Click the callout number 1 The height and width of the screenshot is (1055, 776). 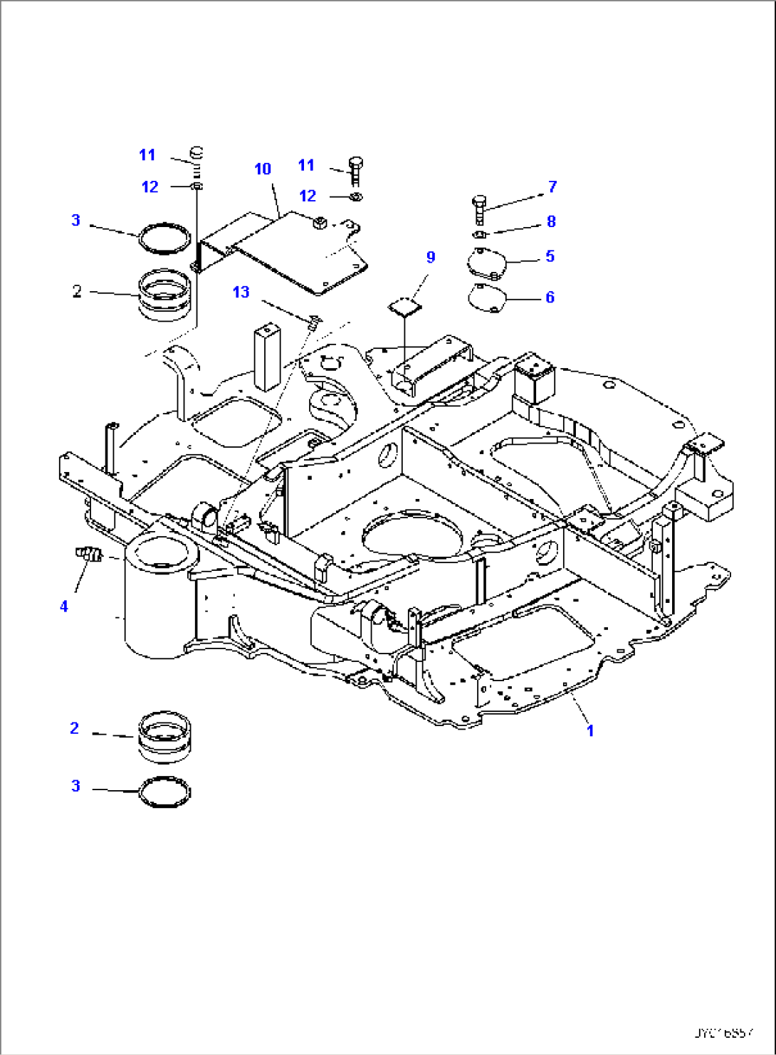coord(589,730)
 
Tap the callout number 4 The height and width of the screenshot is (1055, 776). coord(64,606)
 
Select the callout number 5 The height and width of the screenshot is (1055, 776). coord(550,256)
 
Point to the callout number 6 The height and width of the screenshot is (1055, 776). coord(550,297)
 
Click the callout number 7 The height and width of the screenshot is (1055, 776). coord(552,187)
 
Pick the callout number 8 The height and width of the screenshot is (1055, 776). coord(551,221)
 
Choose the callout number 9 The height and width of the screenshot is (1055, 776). coord(430,257)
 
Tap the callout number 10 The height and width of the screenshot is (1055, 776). coord(263,169)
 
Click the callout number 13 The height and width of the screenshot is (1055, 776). coord(241,292)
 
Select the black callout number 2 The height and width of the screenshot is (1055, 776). coord(77,291)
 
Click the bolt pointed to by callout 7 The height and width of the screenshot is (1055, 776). coord(479,209)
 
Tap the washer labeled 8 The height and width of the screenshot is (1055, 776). coord(480,234)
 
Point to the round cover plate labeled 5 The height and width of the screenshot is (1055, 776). coord(486,264)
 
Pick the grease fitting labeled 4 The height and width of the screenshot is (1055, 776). coord(89,553)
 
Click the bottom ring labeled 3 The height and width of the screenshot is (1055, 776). coord(164,792)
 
